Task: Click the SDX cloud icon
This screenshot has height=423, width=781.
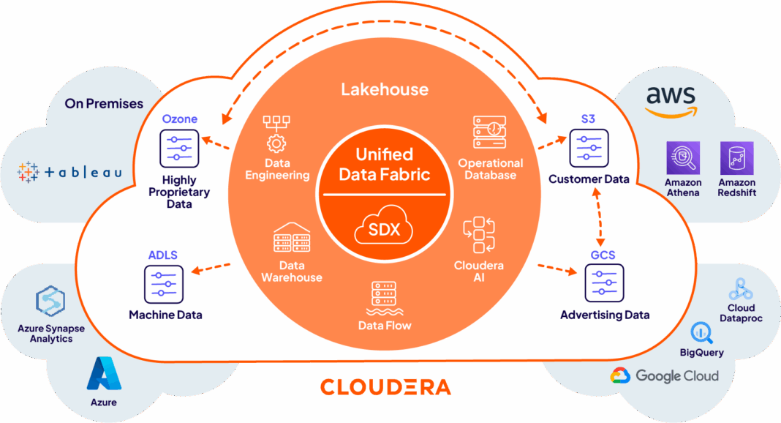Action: coord(384,230)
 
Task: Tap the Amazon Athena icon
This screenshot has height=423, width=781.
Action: coord(683,159)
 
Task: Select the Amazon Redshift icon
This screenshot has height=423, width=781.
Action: coord(736,159)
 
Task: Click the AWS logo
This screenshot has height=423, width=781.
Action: coord(671,100)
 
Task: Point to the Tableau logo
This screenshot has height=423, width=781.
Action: coord(69,172)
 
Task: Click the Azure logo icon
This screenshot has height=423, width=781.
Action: coord(103,374)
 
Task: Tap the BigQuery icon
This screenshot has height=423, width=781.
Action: coord(701,332)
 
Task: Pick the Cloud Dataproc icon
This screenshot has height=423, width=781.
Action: coord(741,288)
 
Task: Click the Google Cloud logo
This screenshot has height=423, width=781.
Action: coord(665,376)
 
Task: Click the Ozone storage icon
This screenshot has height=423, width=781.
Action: coord(178,149)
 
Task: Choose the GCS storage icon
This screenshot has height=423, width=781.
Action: coord(604,283)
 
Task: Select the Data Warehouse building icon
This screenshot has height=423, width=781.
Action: coord(292,239)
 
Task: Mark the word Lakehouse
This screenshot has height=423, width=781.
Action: coord(385,90)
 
